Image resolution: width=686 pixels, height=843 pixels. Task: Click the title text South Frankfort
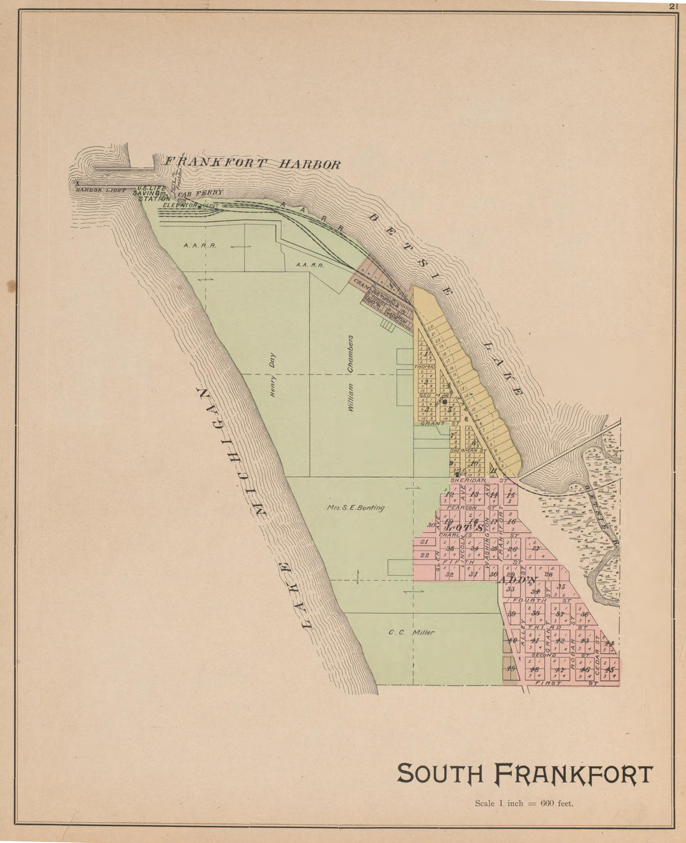[x=524, y=774]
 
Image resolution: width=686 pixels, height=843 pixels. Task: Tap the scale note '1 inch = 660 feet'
[x=524, y=803]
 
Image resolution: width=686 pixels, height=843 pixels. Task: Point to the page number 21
[x=673, y=6]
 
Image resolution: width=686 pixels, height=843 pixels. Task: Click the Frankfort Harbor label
[x=252, y=164]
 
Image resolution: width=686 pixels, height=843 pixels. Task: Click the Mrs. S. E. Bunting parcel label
[x=355, y=508]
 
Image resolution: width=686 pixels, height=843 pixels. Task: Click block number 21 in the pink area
[x=424, y=541]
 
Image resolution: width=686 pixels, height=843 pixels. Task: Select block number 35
[x=561, y=586]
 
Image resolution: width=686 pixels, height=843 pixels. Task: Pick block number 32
[x=450, y=574]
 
